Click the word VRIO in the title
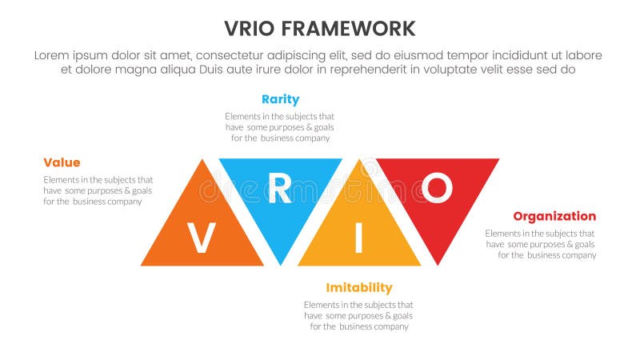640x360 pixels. tap(254, 29)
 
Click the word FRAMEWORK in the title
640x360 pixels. tap(353, 29)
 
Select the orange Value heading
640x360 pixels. tap(62, 162)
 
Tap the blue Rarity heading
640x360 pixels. tap(280, 99)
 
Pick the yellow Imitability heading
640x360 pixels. tap(359, 287)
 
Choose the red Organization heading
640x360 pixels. tap(554, 216)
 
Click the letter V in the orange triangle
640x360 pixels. tap(201, 238)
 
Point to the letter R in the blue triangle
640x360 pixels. tap(279, 189)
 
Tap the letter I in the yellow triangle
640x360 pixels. tap(358, 238)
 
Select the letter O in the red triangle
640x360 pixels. tap(437, 189)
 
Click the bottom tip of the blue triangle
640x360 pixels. tap(280, 263)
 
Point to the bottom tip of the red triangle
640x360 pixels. tap(438, 263)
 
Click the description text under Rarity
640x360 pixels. tap(279, 127)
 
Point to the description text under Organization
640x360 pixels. tap(541, 244)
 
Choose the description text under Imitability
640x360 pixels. tap(358, 315)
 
